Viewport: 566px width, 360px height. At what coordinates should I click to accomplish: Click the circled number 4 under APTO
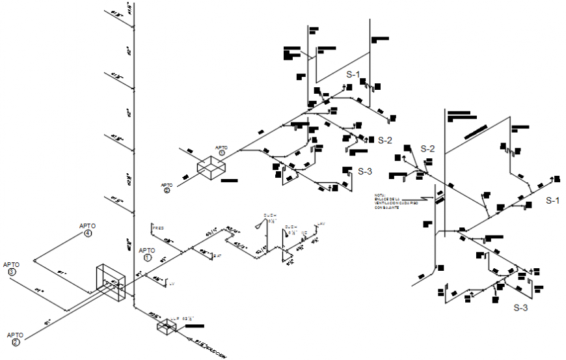tap(87, 234)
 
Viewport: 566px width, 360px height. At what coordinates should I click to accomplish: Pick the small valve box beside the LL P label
tap(167, 327)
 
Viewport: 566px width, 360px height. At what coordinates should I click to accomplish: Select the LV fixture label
tap(172, 284)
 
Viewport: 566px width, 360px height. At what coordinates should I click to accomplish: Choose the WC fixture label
tap(303, 232)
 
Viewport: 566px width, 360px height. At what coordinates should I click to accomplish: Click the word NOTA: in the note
tap(380, 195)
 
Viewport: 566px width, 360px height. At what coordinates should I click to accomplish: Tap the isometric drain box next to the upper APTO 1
tap(212, 167)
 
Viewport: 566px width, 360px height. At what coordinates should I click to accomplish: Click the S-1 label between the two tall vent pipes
tap(353, 74)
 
